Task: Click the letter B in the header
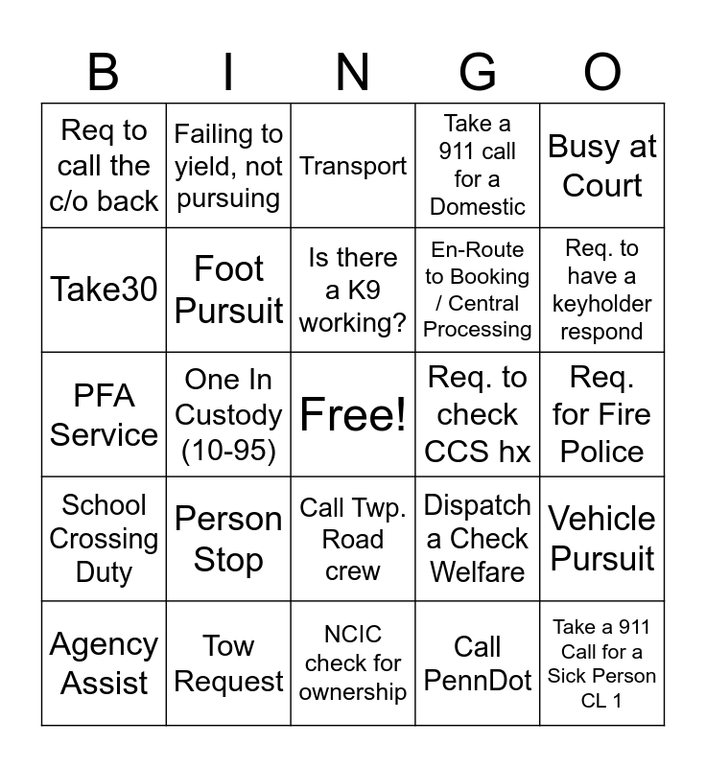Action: pyautogui.click(x=104, y=73)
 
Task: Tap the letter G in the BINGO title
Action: pyautogui.click(x=478, y=73)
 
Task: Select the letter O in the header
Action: pyautogui.click(x=602, y=73)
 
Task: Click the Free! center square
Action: pyautogui.click(x=353, y=414)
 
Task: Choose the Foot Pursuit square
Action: pyautogui.click(x=228, y=290)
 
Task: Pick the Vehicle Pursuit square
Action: pyautogui.click(x=602, y=539)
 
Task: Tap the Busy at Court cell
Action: pyautogui.click(x=602, y=165)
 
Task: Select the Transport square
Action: pyautogui.click(x=353, y=165)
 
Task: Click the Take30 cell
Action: pyautogui.click(x=104, y=290)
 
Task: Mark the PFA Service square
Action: pyautogui.click(x=104, y=414)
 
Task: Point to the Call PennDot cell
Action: pyautogui.click(x=478, y=663)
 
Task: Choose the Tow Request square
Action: pyautogui.click(x=228, y=663)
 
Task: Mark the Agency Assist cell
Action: pyautogui.click(x=104, y=663)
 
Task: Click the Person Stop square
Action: pyautogui.click(x=228, y=539)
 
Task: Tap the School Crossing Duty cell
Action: pyautogui.click(x=104, y=539)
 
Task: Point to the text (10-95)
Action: pyautogui.click(x=228, y=451)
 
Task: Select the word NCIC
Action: pyautogui.click(x=353, y=635)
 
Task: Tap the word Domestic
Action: pyautogui.click(x=478, y=206)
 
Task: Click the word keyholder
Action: pyautogui.click(x=602, y=304)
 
